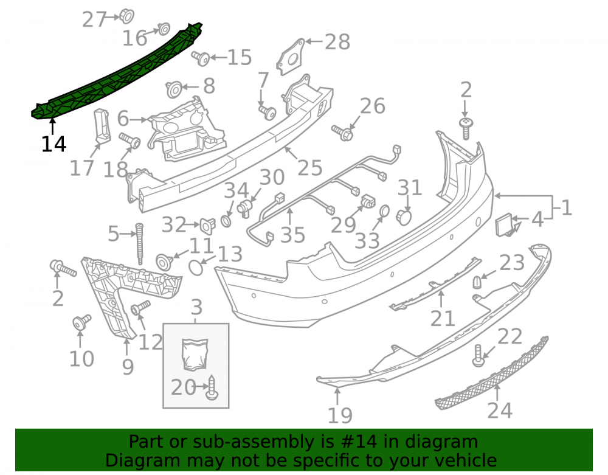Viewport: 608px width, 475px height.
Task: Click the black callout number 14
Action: (54, 144)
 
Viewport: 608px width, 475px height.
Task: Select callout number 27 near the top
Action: (94, 19)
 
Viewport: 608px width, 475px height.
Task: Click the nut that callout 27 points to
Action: (126, 16)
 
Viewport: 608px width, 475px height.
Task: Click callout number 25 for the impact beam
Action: (310, 167)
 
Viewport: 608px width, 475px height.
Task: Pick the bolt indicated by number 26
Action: (342, 132)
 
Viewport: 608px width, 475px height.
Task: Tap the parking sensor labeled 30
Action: (244, 208)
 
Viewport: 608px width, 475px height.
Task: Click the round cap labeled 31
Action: (404, 218)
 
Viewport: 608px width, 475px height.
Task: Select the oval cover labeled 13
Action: (196, 268)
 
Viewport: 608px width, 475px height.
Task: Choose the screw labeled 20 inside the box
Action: (212, 388)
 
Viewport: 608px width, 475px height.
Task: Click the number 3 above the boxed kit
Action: (196, 308)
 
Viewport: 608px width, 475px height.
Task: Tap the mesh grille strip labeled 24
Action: (492, 373)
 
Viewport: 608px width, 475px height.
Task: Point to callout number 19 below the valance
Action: (340, 415)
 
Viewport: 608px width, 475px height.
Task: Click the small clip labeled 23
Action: (477, 282)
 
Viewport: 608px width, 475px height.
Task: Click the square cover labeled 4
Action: (505, 224)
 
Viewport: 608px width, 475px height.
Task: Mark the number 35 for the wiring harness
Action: (293, 235)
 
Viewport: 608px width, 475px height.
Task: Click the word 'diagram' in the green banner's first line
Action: (441, 442)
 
